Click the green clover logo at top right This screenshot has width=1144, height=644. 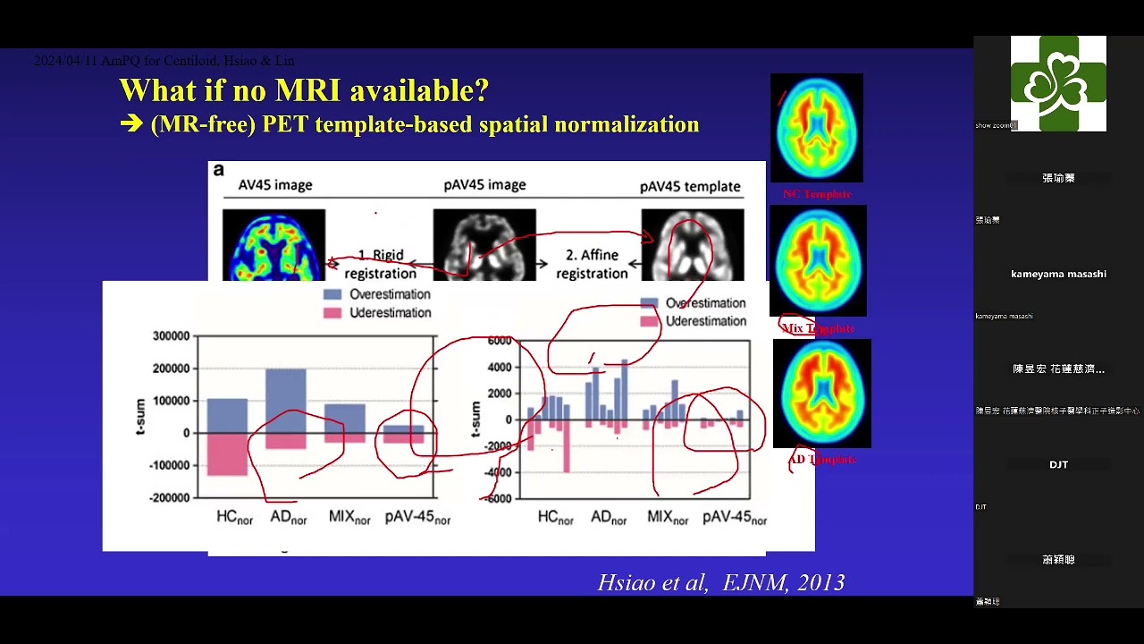tap(1058, 83)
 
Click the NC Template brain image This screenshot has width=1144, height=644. tap(817, 128)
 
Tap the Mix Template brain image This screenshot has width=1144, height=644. tap(818, 260)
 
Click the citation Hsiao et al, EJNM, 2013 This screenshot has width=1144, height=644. tap(720, 583)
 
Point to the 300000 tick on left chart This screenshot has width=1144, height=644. tap(173, 336)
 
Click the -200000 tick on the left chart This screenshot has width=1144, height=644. tap(171, 497)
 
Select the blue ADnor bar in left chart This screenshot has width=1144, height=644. tap(285, 400)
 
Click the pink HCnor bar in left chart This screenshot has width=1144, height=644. tap(227, 453)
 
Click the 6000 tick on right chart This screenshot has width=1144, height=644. tap(500, 341)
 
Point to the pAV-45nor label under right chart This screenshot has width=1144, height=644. tap(735, 518)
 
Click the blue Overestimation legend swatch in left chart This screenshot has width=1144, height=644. tap(332, 294)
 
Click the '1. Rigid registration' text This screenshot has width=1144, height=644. tap(381, 265)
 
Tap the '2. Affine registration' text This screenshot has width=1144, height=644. tap(591, 265)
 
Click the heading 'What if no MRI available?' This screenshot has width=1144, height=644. tap(304, 90)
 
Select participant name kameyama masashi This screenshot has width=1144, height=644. tap(1058, 274)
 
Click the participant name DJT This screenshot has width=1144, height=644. tap(1058, 464)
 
